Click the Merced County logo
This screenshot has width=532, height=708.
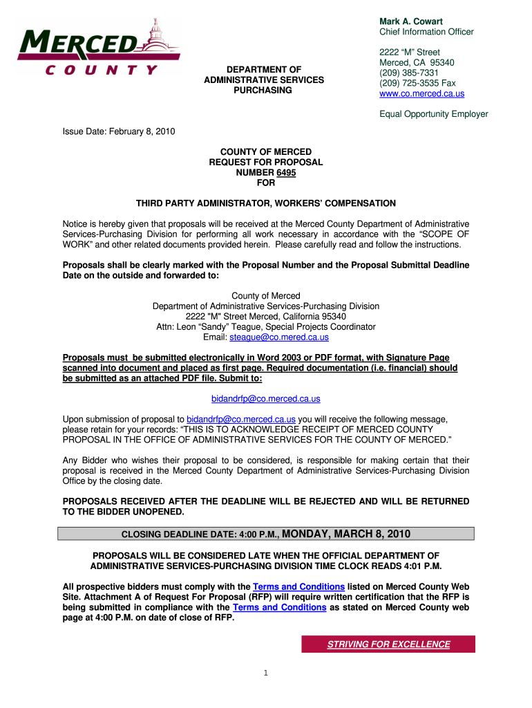click(97, 46)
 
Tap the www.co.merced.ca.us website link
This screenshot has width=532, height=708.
click(421, 93)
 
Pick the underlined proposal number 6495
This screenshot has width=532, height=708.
click(286, 172)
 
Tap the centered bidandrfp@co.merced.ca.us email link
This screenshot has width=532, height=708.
click(265, 399)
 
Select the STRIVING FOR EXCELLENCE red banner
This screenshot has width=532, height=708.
click(388, 644)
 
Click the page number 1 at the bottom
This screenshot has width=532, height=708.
click(266, 674)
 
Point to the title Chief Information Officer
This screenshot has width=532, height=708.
click(426, 32)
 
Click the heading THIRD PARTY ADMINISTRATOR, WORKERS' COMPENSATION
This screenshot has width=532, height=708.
click(265, 203)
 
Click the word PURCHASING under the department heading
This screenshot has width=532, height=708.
click(263, 91)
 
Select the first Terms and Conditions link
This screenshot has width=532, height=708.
click(299, 586)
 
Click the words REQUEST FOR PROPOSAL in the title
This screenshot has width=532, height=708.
click(266, 162)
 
